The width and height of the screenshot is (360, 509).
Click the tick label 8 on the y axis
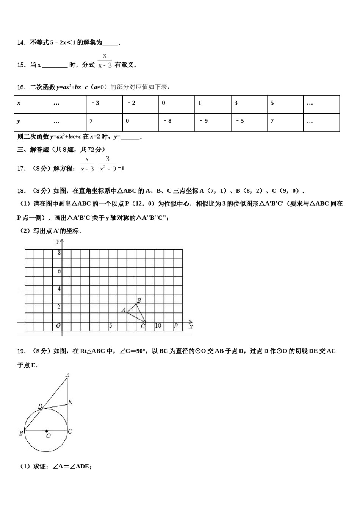click(59, 253)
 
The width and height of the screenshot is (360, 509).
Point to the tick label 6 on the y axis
click(59, 271)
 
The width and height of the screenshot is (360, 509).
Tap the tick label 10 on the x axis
click(158, 325)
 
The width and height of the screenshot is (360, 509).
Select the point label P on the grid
click(176, 325)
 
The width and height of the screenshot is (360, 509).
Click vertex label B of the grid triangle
click(139, 300)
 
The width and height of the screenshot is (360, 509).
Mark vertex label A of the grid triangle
click(124, 310)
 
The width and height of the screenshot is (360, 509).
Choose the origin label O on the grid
click(58, 325)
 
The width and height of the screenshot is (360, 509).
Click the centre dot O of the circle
click(47, 431)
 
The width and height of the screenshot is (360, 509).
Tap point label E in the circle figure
click(70, 402)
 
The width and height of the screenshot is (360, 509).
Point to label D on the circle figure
click(40, 406)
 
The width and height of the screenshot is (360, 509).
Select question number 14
click(21, 43)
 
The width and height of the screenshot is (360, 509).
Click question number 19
click(21, 351)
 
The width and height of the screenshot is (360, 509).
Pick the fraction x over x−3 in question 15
click(105, 61)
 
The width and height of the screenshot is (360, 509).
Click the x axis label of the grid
click(191, 326)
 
